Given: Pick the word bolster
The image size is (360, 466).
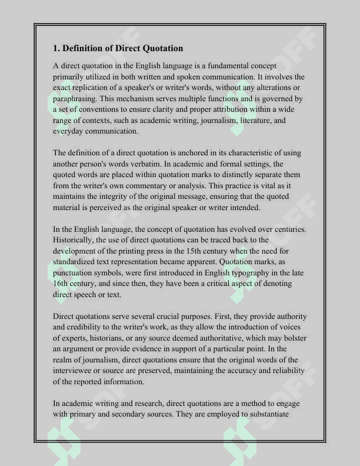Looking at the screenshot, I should (x=290, y=338).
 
